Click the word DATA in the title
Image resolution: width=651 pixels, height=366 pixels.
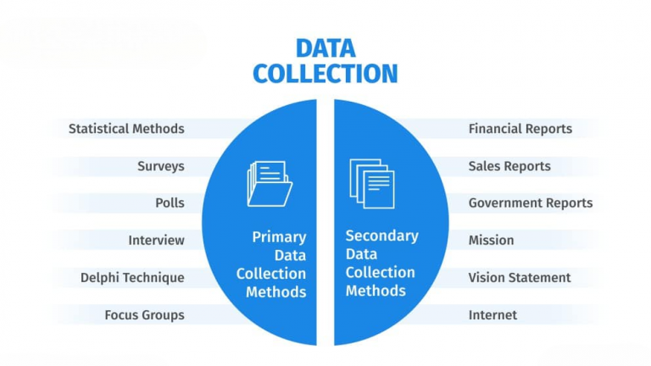coord(325,48)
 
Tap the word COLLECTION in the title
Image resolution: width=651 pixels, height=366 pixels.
coord(325,74)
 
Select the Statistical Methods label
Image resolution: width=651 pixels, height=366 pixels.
coord(126,129)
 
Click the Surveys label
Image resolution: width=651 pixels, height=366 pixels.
coord(161,166)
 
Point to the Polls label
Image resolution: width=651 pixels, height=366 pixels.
coord(170,203)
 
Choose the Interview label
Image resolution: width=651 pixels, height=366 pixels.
coord(157,241)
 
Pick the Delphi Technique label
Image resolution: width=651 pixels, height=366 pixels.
coord(132,278)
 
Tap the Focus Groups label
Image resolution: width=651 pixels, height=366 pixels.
coord(144,315)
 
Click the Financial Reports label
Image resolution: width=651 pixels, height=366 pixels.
coord(520,129)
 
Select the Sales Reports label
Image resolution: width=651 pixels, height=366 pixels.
coord(509,166)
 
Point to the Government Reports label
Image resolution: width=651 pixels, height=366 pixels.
coord(531,203)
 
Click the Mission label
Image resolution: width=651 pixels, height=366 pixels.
coord(491,241)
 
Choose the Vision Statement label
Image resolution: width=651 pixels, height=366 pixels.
coord(520,278)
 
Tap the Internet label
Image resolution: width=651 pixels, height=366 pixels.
coord(492,315)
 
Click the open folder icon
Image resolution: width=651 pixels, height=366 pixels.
coord(270,183)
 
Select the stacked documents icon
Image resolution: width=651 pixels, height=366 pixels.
coord(372,183)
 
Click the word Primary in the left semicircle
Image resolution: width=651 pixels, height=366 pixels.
coord(280,237)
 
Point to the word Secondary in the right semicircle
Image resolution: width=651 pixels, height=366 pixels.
coord(382,236)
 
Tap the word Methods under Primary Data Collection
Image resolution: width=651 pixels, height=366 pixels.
coord(276,292)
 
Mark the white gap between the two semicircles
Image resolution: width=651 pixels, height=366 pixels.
coord(325,222)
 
